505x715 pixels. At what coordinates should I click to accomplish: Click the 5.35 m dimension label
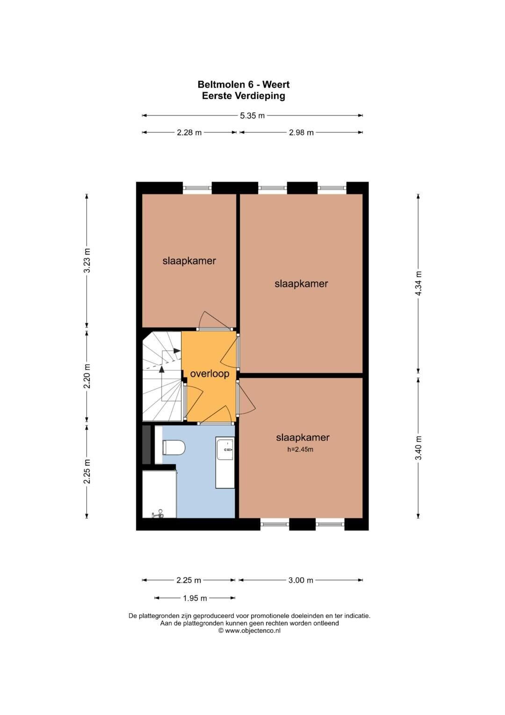(252, 116)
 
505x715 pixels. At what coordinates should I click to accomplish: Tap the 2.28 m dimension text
(189, 133)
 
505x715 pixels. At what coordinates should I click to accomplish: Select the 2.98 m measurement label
(301, 133)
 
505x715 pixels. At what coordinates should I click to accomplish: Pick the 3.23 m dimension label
(87, 260)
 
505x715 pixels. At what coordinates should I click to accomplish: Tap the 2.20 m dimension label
(87, 376)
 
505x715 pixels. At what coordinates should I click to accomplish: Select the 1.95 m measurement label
(195, 598)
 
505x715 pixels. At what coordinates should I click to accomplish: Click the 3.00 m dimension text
(301, 580)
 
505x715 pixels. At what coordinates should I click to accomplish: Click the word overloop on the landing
(209, 374)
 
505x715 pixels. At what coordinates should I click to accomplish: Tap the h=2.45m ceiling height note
(300, 450)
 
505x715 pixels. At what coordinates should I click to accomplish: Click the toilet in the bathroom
(173, 447)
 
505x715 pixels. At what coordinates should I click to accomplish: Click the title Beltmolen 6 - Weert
(244, 85)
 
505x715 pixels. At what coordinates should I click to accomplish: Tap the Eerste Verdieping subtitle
(244, 96)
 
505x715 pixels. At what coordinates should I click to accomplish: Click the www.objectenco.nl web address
(252, 630)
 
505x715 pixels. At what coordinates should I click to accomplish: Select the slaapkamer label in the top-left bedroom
(189, 261)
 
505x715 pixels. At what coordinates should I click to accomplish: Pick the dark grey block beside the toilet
(146, 445)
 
